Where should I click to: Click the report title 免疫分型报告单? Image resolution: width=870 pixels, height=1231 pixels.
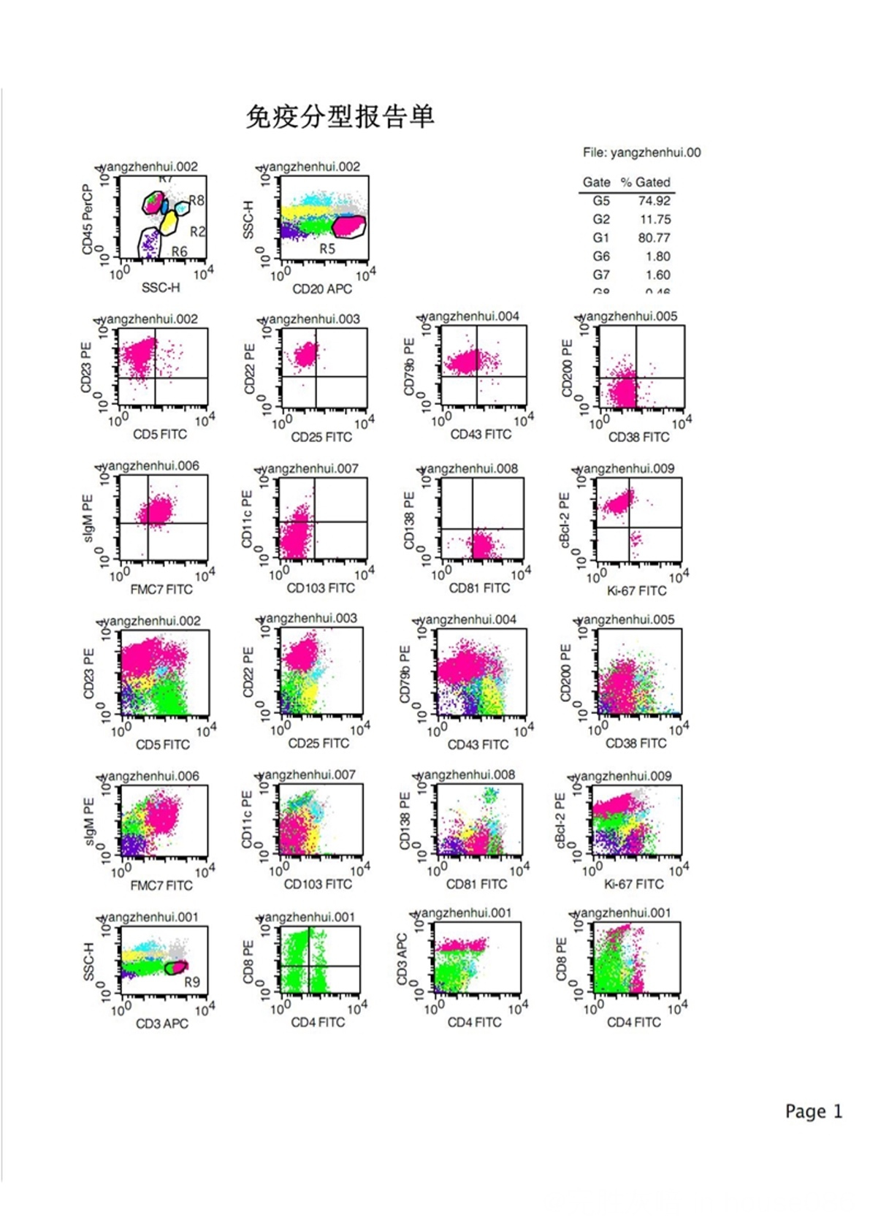340,116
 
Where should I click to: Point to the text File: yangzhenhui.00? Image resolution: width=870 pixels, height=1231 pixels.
641,153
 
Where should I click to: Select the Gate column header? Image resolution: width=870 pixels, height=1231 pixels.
596,183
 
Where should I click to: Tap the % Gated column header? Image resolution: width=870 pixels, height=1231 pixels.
645,183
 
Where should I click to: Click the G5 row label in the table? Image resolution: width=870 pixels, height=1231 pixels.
600,201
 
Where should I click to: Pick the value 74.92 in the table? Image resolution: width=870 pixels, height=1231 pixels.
654,201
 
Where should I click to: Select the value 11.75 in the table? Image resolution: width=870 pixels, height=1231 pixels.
655,219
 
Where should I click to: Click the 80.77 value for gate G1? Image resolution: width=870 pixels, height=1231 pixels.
654,237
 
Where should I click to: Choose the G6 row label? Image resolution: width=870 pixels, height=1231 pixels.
600,256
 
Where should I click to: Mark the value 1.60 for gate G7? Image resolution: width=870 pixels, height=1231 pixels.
657,275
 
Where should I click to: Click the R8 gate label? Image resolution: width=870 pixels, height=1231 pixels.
196,200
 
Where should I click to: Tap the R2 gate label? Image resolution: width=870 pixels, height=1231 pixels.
197,232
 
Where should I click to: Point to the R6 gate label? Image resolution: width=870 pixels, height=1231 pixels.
179,251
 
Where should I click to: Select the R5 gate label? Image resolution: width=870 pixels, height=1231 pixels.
327,248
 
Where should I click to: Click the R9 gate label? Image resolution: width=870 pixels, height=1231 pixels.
191,982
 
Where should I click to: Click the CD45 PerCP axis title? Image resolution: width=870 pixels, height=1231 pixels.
88,219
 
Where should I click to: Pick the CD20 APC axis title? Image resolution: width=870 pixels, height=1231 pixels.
322,289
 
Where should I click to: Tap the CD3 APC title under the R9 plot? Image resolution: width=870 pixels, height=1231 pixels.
161,1024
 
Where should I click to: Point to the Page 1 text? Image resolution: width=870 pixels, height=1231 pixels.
814,1111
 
